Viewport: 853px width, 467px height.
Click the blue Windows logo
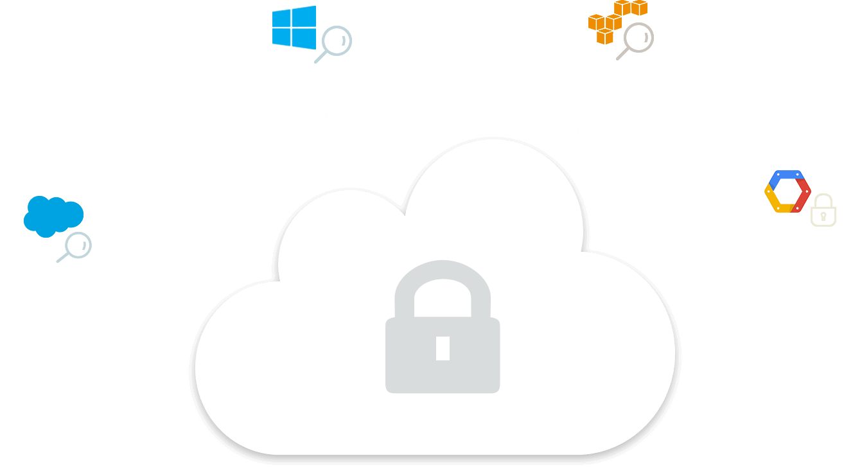click(x=294, y=27)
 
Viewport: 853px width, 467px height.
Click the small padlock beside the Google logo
click(x=823, y=210)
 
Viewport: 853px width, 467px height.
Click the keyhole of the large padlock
click(x=443, y=348)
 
